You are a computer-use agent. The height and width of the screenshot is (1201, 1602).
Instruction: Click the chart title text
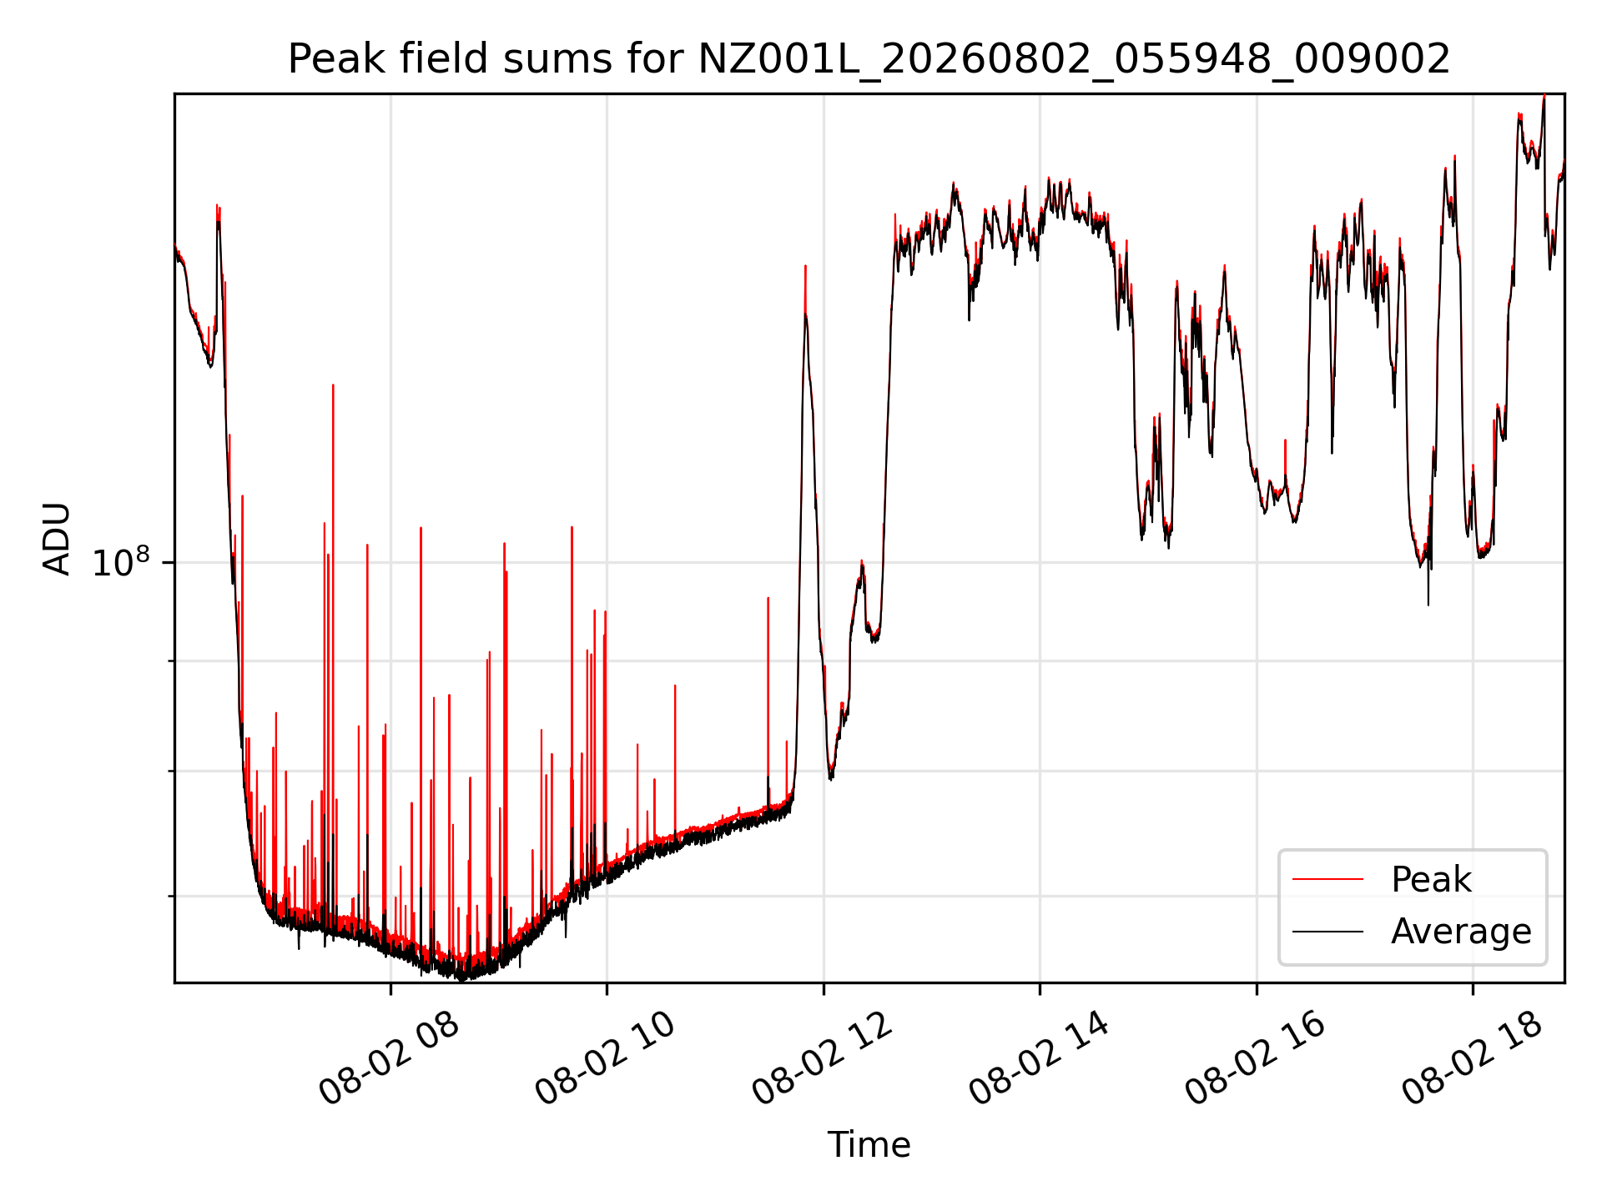(869, 59)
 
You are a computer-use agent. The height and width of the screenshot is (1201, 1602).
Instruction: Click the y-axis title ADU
(57, 538)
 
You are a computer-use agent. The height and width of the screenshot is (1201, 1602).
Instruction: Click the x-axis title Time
(869, 1144)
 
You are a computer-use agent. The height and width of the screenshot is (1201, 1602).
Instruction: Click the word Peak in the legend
(1431, 880)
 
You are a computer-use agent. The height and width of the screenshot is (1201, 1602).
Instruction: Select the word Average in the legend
(1461, 932)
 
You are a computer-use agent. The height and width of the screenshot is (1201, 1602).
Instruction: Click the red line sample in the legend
(1327, 879)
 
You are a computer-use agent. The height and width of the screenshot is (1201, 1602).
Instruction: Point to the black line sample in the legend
(1327, 931)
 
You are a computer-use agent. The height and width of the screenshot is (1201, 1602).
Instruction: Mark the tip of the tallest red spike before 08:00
(333, 384)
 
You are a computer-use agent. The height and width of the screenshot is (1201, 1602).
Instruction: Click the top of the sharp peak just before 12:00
(805, 265)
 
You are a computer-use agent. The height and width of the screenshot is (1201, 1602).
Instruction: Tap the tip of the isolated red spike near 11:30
(768, 597)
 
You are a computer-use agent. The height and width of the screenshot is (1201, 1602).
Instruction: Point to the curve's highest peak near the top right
(1544, 95)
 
